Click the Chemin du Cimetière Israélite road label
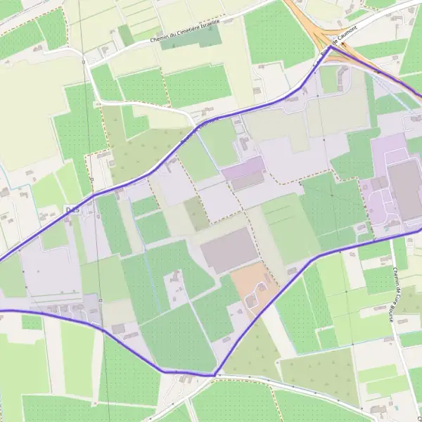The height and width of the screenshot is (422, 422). pos(184,32)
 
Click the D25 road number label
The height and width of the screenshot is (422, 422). pos(71,209)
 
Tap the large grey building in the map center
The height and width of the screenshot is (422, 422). pos(229,250)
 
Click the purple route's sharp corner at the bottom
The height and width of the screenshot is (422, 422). pos(215,374)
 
